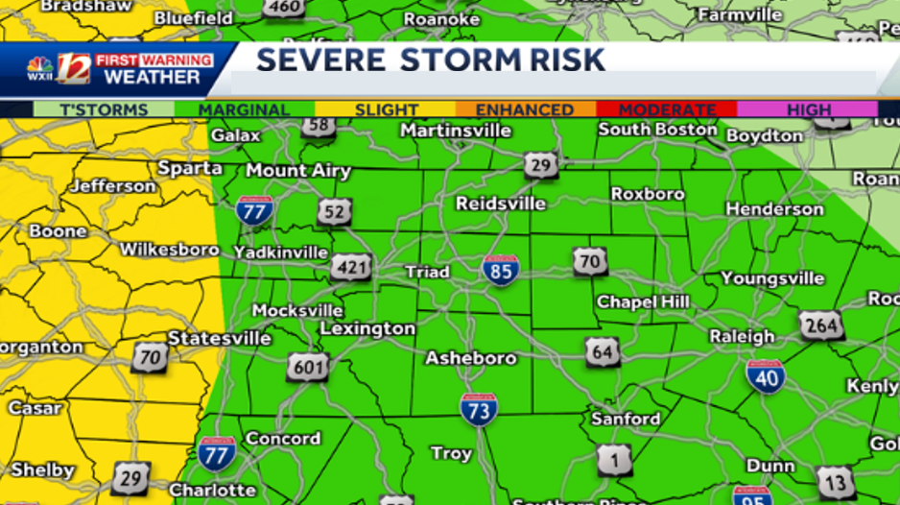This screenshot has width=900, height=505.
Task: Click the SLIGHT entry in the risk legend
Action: click(386, 109)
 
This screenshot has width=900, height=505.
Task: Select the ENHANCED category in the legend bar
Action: click(524, 109)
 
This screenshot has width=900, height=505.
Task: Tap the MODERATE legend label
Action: click(667, 109)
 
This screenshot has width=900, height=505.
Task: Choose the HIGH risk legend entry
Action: click(808, 109)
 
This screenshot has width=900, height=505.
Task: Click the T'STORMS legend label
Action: click(104, 109)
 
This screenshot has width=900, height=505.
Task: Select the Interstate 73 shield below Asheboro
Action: click(478, 410)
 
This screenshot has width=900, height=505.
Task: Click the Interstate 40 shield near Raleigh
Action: click(766, 376)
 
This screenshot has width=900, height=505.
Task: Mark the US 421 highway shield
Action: click(351, 267)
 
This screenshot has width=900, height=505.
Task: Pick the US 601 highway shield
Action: click(307, 366)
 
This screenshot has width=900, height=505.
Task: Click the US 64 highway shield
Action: click(603, 352)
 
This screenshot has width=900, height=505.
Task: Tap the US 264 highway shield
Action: click(822, 326)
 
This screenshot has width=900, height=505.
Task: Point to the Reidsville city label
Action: click(500, 204)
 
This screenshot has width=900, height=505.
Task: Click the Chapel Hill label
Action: click(643, 301)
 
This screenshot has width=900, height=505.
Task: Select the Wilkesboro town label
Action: click(169, 250)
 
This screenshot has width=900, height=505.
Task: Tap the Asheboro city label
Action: click(470, 358)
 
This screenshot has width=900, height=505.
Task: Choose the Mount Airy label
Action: click(297, 171)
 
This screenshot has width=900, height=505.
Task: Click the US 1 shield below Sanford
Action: click(614, 461)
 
